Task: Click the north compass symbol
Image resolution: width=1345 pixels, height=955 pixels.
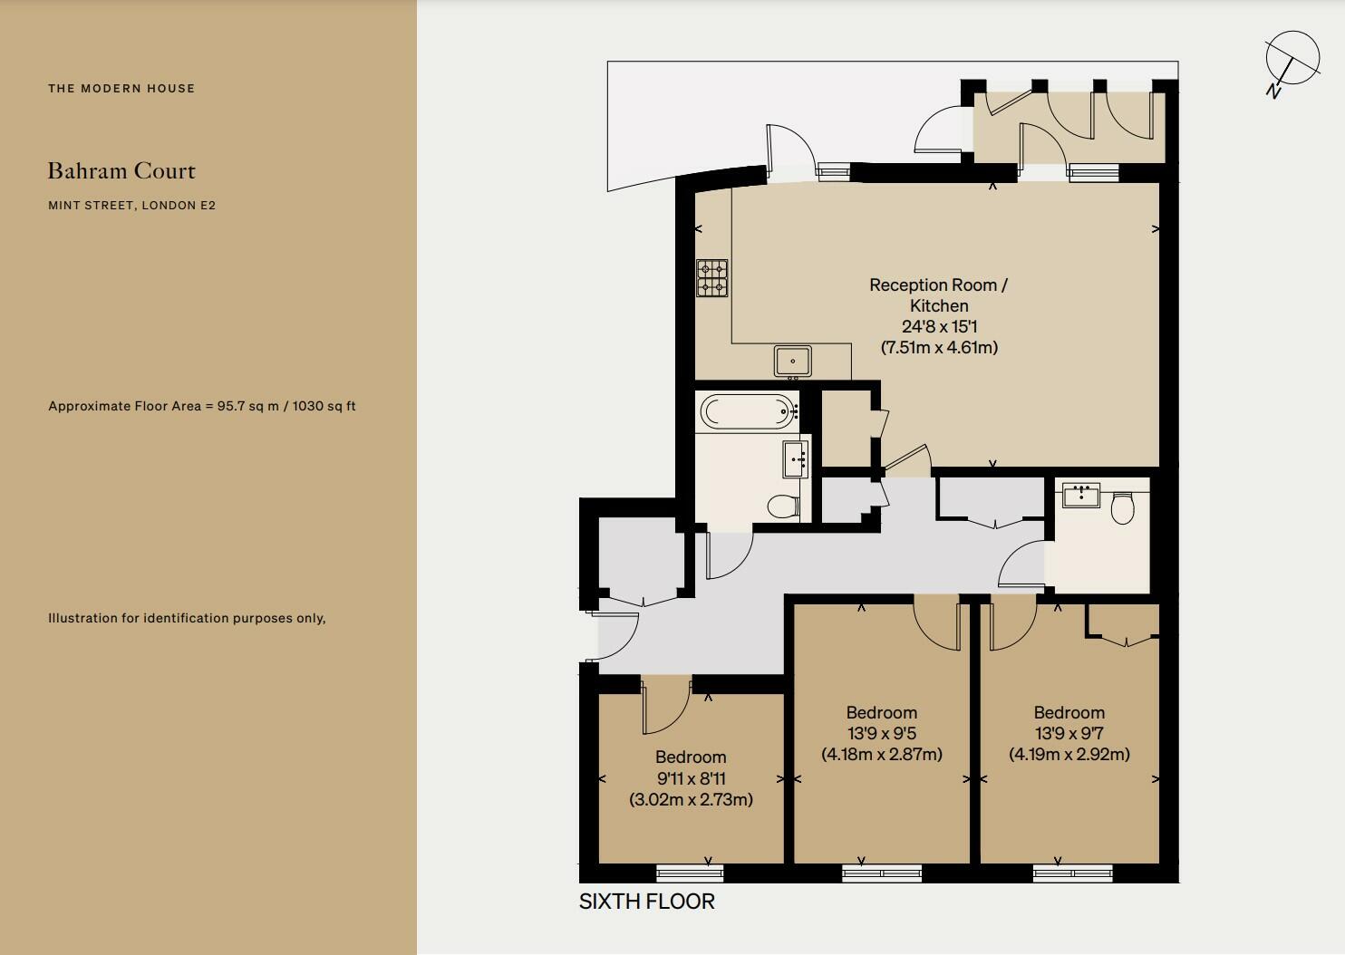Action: (x=1292, y=60)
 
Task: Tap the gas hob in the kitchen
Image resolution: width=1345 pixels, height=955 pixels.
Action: (x=711, y=278)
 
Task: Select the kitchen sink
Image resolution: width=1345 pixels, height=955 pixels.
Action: (x=793, y=361)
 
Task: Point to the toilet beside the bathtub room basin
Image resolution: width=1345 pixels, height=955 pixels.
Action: (x=781, y=506)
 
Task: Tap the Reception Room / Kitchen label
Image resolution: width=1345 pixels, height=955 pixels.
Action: (x=939, y=295)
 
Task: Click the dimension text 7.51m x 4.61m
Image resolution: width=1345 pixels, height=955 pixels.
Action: (x=939, y=347)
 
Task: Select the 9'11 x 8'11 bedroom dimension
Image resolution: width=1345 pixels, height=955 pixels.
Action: (x=691, y=778)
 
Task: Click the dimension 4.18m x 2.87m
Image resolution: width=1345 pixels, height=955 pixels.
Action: (x=882, y=754)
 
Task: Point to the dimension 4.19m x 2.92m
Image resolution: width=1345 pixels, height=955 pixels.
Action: (x=1069, y=754)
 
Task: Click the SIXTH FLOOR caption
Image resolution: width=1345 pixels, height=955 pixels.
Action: (x=646, y=902)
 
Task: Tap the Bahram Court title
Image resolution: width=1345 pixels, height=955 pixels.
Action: (x=121, y=170)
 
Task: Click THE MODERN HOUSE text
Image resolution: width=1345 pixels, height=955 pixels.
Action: (x=121, y=88)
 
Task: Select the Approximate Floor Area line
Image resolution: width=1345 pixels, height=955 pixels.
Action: (x=201, y=406)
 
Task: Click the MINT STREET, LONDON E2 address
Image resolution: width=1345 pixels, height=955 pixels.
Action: (x=131, y=205)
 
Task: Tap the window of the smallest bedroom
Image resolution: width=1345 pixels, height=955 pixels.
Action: (x=690, y=873)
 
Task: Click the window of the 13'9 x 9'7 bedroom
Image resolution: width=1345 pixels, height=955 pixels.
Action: (x=1072, y=873)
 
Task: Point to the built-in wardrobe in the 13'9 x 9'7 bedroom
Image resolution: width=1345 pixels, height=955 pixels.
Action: (x=1124, y=622)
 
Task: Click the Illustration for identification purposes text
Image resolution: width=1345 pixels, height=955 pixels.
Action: (x=187, y=618)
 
